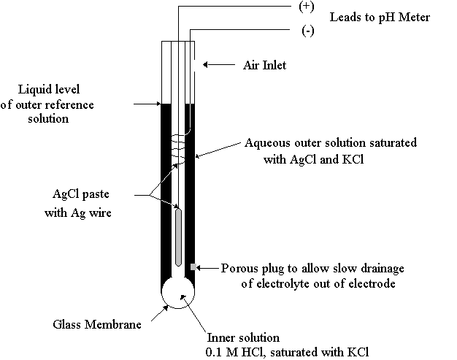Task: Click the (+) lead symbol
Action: [x=307, y=7]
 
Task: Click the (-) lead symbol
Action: [x=308, y=31]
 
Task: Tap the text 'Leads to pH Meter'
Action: [x=380, y=18]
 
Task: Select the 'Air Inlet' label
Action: [x=265, y=65]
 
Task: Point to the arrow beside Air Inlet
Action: [x=219, y=64]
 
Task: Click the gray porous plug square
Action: [x=193, y=267]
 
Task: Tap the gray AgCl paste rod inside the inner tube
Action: [x=178, y=237]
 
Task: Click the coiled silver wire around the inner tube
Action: [x=178, y=149]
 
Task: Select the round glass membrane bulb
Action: [x=178, y=292]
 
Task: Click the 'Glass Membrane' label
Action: [x=97, y=324]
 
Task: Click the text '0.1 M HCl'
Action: [x=234, y=352]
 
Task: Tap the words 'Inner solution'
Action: [x=243, y=337]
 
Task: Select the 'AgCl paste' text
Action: [x=81, y=194]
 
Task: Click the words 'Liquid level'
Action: [x=49, y=89]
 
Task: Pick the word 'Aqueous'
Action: [x=267, y=143]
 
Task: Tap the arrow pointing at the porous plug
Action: [x=207, y=267]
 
